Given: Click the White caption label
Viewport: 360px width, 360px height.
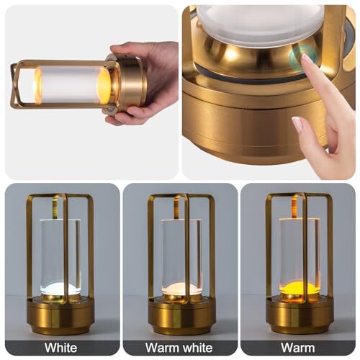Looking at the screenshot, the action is (x=60, y=348).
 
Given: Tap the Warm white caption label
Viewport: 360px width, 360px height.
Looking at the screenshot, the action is (x=179, y=348).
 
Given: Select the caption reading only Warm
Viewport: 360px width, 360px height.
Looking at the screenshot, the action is (x=298, y=348).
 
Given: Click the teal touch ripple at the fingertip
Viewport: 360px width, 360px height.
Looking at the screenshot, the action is (x=303, y=56).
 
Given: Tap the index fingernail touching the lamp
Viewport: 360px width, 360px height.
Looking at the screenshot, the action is (x=306, y=58).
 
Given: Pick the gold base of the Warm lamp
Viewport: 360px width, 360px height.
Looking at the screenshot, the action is (x=300, y=315).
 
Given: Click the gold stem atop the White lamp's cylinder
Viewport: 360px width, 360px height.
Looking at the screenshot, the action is (x=55, y=207).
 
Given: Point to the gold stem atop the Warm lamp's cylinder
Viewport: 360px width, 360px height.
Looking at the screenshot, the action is (x=294, y=207).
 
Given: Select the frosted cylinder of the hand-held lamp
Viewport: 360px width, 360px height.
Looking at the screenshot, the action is (x=73, y=84).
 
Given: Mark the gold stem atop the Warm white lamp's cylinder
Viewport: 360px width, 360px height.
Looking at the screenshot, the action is (x=176, y=207).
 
